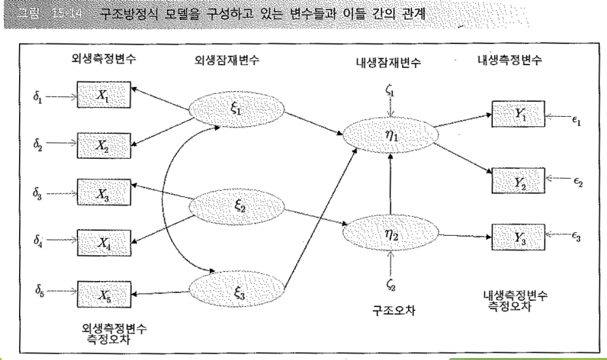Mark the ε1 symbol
pos(576,119)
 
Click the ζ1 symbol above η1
pos(390,89)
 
